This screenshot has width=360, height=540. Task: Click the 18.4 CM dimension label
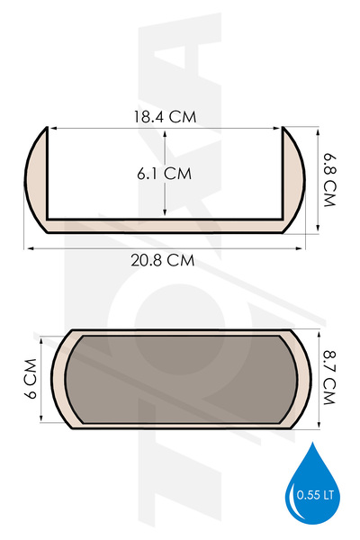click(x=165, y=117)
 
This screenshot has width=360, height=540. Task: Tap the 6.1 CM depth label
click(x=164, y=173)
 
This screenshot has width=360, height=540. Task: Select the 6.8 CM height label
click(x=329, y=180)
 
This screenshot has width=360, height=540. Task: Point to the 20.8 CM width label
click(x=163, y=260)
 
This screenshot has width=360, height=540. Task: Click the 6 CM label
click(x=31, y=379)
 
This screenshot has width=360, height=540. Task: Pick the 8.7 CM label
click(x=329, y=377)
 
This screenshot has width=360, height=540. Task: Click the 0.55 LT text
click(x=315, y=495)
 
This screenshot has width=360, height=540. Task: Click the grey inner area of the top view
click(x=181, y=379)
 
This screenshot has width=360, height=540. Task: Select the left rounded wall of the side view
click(x=35, y=179)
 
